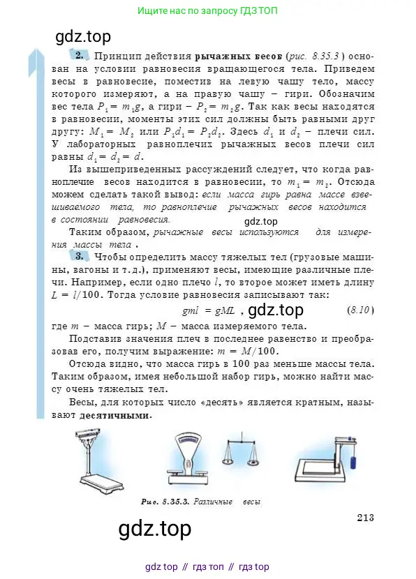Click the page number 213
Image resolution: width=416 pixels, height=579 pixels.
[x=366, y=517]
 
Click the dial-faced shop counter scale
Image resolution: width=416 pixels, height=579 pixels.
[x=192, y=460]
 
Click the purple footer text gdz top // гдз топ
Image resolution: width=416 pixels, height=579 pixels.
[x=207, y=566]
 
